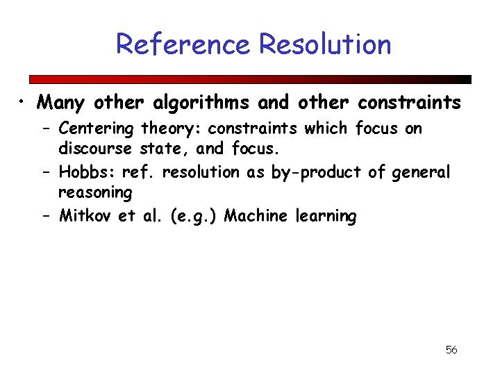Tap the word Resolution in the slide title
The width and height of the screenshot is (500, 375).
pos(325,44)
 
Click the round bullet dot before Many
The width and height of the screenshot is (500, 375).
pos(23,103)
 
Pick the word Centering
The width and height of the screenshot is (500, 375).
pos(97,128)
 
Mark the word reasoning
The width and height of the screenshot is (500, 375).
pos(95,192)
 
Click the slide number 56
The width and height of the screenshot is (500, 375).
pos(451,349)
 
